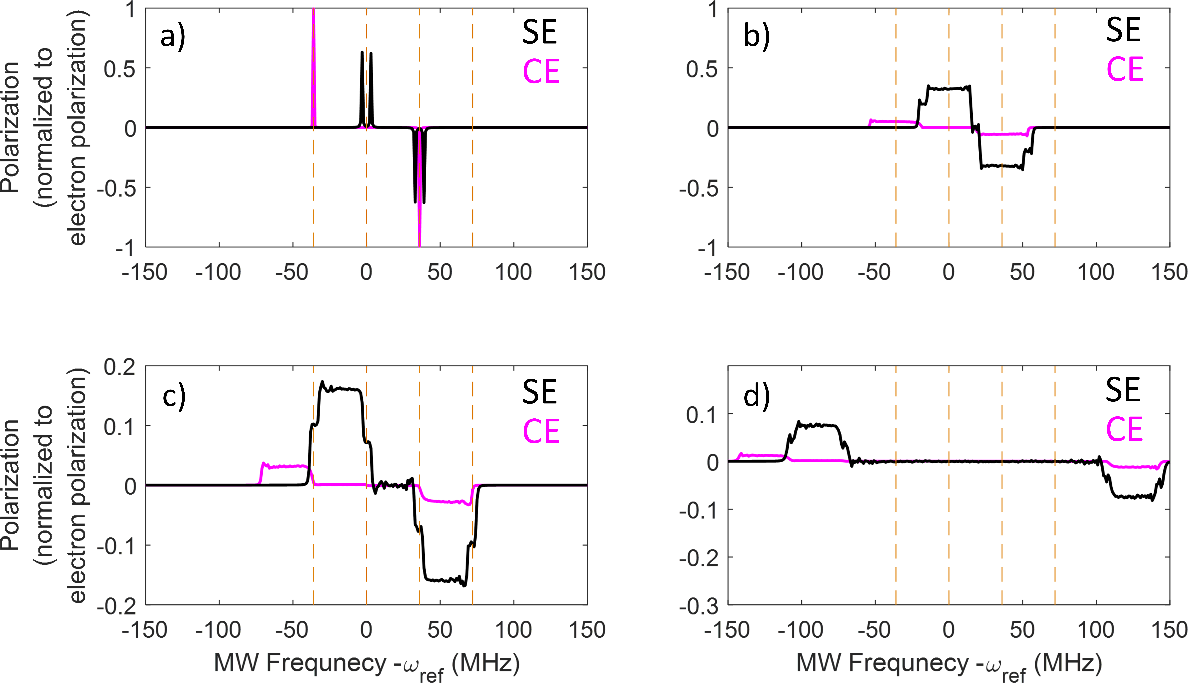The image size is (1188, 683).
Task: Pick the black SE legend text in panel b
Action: pyautogui.click(x=1123, y=30)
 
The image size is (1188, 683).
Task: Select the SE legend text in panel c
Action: pyautogui.click(x=540, y=392)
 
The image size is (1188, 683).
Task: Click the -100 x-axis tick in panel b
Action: pyautogui.click(x=801, y=272)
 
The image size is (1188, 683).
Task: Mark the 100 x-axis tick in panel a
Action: pyautogui.click(x=514, y=272)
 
